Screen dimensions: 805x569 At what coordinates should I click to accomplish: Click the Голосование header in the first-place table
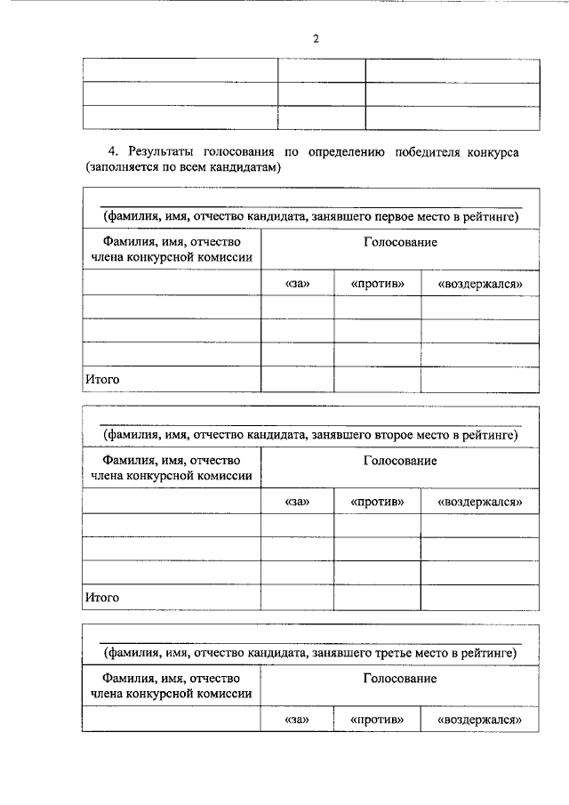pyautogui.click(x=400, y=242)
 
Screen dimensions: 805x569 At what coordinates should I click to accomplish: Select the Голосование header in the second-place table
pyautogui.click(x=400, y=461)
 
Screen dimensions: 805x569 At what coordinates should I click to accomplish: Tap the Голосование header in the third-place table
pyautogui.click(x=400, y=679)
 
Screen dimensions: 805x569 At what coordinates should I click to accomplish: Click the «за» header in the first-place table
pyautogui.click(x=297, y=284)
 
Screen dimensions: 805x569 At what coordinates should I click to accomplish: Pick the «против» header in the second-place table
pyautogui.click(x=377, y=503)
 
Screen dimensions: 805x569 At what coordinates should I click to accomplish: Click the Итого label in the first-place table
pyautogui.click(x=102, y=379)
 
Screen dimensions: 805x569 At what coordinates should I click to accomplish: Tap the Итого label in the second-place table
pyautogui.click(x=102, y=597)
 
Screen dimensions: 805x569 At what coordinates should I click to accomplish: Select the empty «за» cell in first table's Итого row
pyautogui.click(x=297, y=379)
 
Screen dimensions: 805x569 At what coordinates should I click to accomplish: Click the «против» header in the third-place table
pyautogui.click(x=377, y=720)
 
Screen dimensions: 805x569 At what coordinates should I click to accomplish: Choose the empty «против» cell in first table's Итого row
pyautogui.click(x=377, y=379)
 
